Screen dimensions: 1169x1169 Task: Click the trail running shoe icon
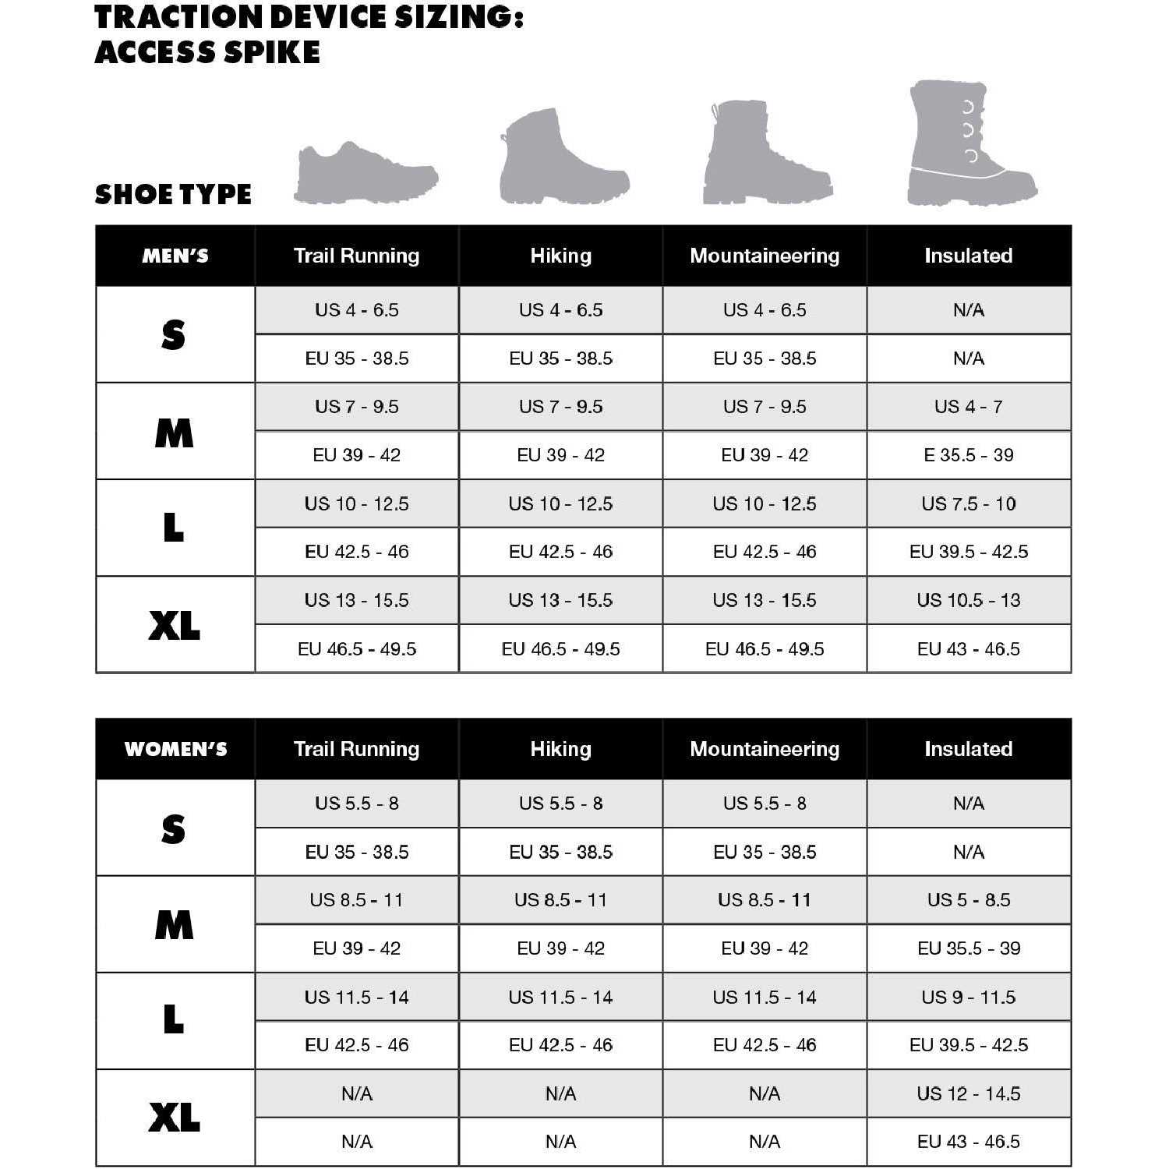(x=365, y=175)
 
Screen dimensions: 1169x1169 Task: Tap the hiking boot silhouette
(x=563, y=160)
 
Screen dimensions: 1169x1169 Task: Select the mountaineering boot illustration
(x=765, y=156)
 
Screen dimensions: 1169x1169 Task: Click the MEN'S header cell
(x=175, y=256)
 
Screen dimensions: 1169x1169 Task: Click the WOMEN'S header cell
(x=175, y=749)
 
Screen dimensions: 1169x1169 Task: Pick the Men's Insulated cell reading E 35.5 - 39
(x=969, y=455)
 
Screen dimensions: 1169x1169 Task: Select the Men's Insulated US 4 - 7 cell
(x=969, y=407)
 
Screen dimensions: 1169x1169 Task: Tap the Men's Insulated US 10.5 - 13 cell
(x=969, y=600)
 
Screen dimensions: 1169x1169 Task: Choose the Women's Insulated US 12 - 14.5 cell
(x=969, y=1093)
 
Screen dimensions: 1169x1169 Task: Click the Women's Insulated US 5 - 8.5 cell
(x=969, y=900)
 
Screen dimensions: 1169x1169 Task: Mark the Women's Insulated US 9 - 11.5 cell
(x=969, y=997)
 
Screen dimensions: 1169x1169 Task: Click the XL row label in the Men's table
(x=175, y=625)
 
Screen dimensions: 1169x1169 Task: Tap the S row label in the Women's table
(x=174, y=828)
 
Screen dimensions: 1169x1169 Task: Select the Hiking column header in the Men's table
(x=561, y=256)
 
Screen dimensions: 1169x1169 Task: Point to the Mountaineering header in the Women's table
(x=765, y=749)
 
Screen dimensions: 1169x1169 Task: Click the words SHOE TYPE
(x=173, y=194)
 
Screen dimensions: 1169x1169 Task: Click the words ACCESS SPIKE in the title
(x=207, y=52)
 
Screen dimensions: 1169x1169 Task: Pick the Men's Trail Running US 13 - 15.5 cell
(x=357, y=600)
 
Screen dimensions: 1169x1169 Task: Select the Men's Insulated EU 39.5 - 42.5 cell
(x=969, y=552)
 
